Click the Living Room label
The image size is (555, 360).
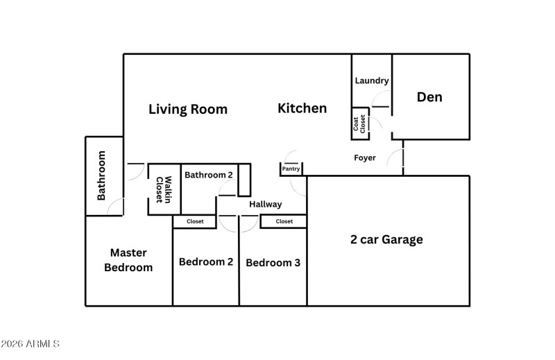(x=188, y=109)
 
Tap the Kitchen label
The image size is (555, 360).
(x=302, y=108)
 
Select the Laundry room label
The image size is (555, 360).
(x=372, y=80)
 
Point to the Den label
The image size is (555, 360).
(x=429, y=97)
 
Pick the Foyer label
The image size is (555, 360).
(x=365, y=158)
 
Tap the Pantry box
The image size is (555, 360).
(x=291, y=169)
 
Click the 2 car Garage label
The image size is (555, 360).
(x=386, y=240)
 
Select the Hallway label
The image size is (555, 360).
(x=266, y=204)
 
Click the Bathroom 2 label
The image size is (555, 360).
(x=208, y=175)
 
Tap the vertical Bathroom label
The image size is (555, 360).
(x=101, y=175)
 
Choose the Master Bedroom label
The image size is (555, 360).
(x=128, y=260)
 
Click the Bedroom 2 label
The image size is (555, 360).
(x=205, y=262)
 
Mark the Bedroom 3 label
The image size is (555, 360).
(x=273, y=263)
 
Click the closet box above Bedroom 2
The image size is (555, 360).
(x=195, y=222)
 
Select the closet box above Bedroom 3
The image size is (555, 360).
(x=284, y=222)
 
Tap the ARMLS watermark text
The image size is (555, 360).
(x=31, y=344)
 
